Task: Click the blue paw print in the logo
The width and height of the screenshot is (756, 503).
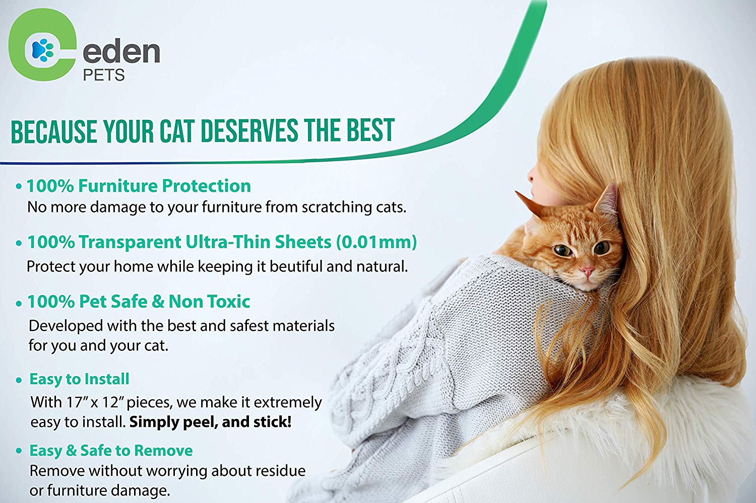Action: (x=42, y=50)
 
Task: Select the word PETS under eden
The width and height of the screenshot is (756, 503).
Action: (x=104, y=75)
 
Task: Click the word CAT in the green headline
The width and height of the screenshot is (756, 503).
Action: (x=177, y=131)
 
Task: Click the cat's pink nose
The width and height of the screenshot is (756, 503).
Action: (x=588, y=271)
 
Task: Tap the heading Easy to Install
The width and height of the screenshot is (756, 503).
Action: (x=79, y=379)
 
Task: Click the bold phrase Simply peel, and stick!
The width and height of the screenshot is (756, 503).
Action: (x=210, y=422)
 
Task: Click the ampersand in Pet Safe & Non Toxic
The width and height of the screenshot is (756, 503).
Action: (x=158, y=302)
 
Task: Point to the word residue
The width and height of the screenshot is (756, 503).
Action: (x=277, y=471)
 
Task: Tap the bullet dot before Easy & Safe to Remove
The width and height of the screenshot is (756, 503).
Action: (x=19, y=451)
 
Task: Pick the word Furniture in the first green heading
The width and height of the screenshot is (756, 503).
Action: (x=118, y=186)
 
